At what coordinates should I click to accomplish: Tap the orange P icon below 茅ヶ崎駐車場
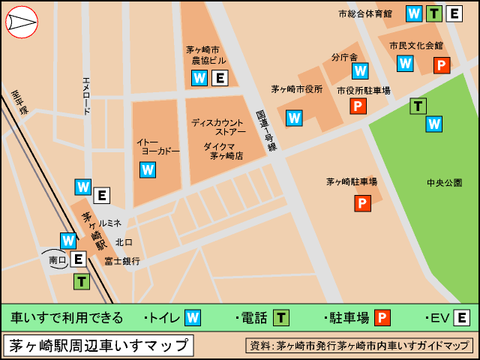tap(363, 203)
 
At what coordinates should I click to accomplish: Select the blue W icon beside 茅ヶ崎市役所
tap(294, 118)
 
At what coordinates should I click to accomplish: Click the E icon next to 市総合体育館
tap(454, 13)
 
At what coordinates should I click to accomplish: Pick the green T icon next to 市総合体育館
tap(433, 13)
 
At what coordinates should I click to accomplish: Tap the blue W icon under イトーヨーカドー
tap(148, 169)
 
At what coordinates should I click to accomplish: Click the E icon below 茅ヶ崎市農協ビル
tap(220, 78)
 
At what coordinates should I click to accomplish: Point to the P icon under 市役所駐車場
tap(358, 106)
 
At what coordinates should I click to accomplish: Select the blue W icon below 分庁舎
tap(360, 71)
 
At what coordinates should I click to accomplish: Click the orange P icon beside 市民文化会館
tap(442, 66)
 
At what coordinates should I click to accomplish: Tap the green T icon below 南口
tap(81, 282)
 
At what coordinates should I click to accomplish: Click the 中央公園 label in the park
tap(444, 182)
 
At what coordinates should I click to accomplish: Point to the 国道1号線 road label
tap(265, 130)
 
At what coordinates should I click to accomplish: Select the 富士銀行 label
tap(122, 261)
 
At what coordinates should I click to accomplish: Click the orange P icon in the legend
tap(382, 318)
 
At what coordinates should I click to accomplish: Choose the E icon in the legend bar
tap(462, 318)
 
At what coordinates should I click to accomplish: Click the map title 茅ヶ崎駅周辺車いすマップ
tap(98, 346)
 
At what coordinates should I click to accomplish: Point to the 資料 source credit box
tap(359, 346)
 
